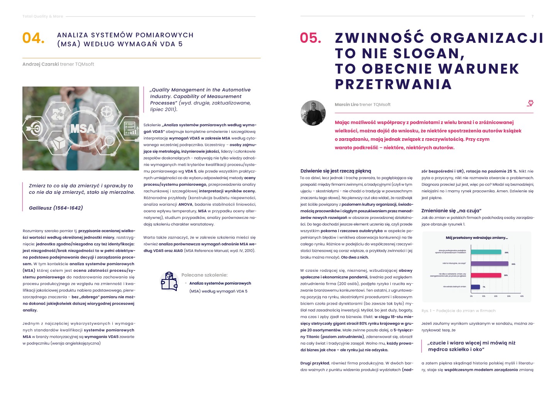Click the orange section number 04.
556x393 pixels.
33,38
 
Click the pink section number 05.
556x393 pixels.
310,38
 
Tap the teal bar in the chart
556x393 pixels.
486,252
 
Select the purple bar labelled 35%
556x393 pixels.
489,264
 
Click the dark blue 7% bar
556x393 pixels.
475,287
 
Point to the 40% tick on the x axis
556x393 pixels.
522,296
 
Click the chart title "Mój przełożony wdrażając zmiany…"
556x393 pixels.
476,238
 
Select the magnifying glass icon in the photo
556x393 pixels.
109,141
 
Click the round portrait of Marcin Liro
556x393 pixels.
313,113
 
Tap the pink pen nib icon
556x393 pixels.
530,103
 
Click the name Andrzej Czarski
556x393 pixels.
40,64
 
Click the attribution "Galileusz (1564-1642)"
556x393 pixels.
56,208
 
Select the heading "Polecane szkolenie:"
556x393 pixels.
204,275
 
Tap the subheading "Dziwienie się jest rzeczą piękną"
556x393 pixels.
336,171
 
